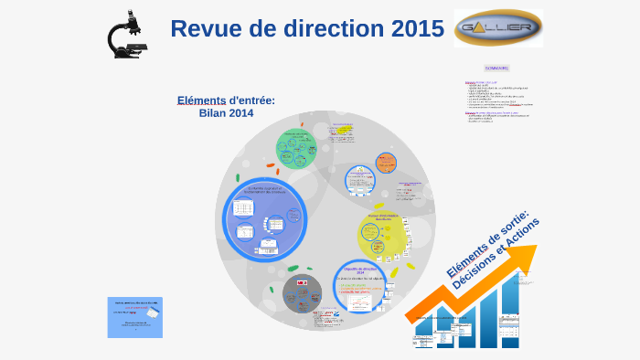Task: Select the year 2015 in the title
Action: (417, 29)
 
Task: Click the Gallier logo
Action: (497, 28)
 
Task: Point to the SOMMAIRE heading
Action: (496, 68)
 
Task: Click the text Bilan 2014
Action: (226, 113)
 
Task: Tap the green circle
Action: (296, 147)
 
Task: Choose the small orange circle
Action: (387, 163)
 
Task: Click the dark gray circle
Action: (302, 293)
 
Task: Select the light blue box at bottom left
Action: (134, 317)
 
